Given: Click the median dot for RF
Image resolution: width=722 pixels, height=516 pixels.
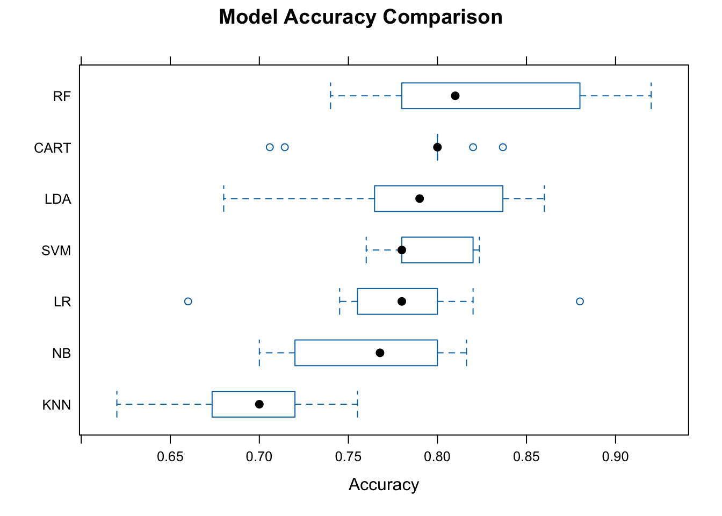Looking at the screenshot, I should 455,96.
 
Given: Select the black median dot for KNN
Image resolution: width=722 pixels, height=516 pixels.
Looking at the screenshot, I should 259,404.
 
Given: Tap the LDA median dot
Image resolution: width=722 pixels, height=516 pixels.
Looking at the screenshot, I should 420,199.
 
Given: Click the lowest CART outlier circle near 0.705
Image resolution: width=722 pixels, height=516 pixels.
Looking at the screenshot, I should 270,147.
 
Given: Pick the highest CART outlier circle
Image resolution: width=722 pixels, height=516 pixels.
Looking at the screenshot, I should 503,147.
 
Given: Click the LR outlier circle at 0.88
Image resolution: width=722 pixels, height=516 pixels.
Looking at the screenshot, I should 580,302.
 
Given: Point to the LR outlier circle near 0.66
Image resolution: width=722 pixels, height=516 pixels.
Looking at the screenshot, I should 188,302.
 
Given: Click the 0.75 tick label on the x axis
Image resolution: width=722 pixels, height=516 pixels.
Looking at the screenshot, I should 348,457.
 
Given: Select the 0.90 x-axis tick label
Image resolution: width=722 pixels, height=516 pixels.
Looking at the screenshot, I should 615,457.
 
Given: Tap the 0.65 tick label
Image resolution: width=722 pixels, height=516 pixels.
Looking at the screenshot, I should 170,457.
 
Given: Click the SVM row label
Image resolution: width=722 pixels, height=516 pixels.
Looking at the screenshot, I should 56,251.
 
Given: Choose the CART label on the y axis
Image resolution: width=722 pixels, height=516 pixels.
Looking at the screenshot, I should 52,148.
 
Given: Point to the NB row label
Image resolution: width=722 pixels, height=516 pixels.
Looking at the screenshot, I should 61,354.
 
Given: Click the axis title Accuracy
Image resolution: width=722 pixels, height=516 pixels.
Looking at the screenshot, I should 384,485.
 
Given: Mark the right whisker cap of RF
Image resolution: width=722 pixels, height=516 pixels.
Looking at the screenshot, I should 651,96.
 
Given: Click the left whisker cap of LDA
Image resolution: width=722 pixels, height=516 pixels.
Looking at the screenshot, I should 223,199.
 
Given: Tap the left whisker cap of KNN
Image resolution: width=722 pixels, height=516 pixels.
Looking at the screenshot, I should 117,404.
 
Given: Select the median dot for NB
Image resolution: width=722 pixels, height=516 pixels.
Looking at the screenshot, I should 380,353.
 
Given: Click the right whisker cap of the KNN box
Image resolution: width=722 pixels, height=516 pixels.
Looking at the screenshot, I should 357,404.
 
